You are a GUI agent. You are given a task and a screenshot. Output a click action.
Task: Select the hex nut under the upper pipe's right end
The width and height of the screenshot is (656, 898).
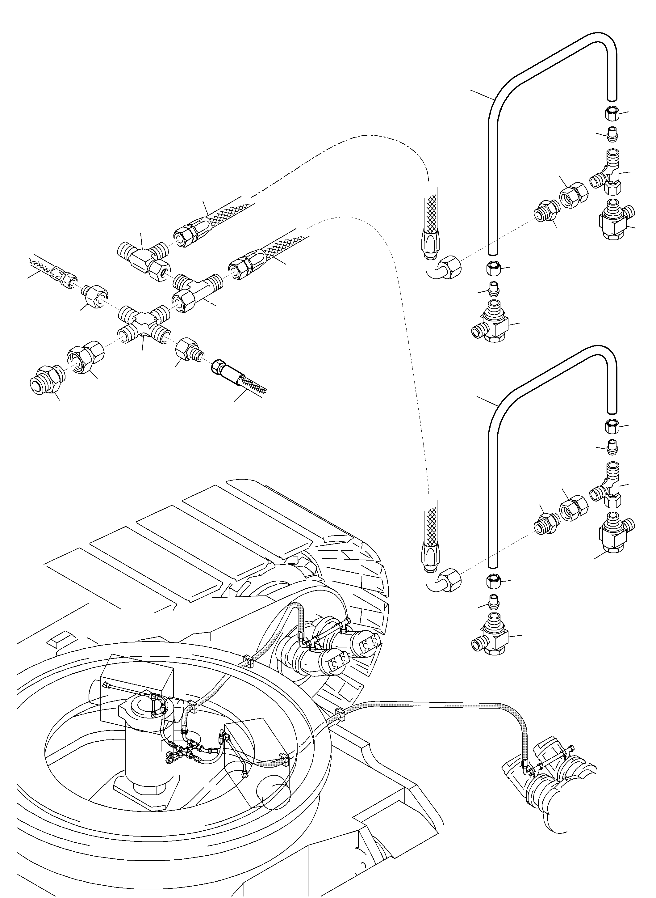612,115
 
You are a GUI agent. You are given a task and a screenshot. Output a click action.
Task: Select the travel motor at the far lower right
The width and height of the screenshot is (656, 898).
556,779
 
